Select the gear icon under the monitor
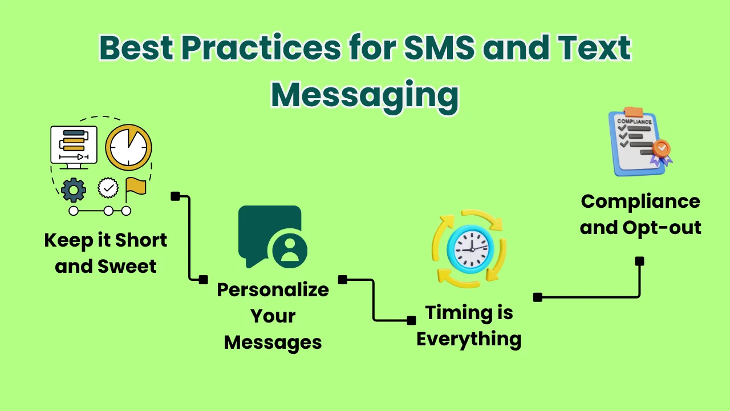pyautogui.click(x=74, y=190)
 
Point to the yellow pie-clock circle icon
pyautogui.click(x=128, y=147)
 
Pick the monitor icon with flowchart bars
pyautogui.click(x=74, y=146)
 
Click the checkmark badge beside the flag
pyautogui.click(x=108, y=187)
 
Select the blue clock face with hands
pyautogui.click(x=469, y=248)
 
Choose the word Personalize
pyautogui.click(x=273, y=289)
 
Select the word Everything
pyautogui.click(x=469, y=339)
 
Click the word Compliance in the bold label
pyautogui.click(x=640, y=202)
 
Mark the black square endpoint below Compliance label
pyautogui.click(x=640, y=261)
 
